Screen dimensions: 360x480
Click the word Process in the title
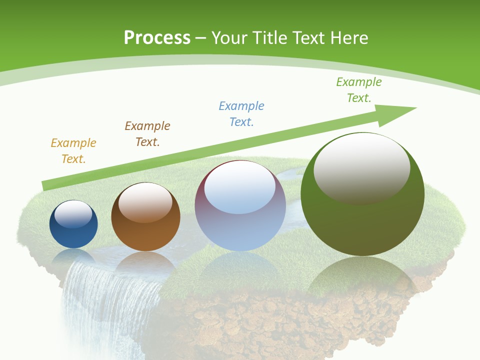(157, 37)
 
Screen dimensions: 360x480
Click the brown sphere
(145, 235)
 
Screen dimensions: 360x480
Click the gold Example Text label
(73, 151)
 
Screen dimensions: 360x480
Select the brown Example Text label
(147, 134)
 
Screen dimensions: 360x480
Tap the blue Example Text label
(241, 114)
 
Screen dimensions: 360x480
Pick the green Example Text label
(359, 90)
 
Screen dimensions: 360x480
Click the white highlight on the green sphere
(361, 167)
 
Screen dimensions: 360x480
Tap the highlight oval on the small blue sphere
(73, 214)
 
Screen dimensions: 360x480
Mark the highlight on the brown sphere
(145, 202)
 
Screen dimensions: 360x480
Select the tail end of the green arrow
(46, 185)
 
